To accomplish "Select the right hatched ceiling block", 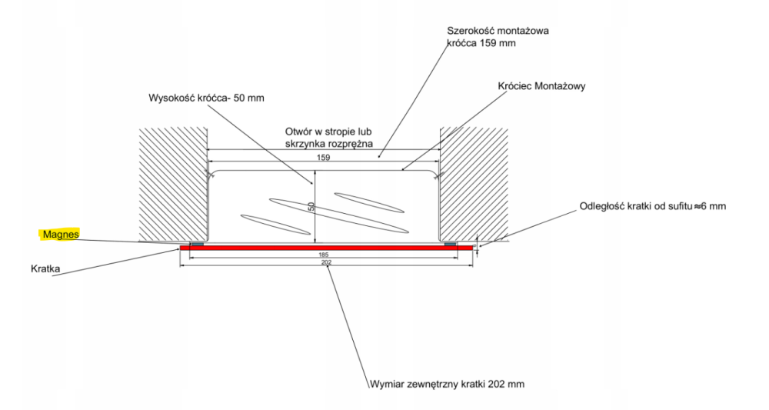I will point(473,183).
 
